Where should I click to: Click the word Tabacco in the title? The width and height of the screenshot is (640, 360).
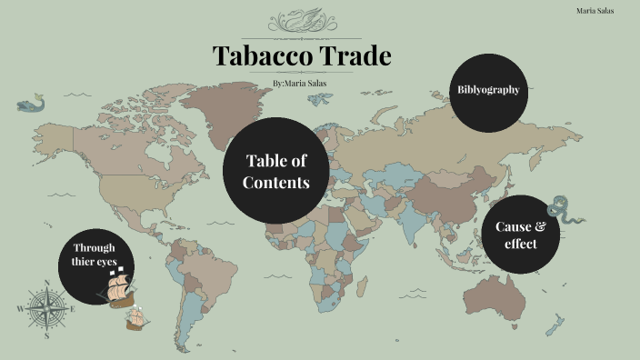257,56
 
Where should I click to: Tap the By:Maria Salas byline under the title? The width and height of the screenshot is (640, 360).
300,84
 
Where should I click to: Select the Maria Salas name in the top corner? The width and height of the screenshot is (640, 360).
595,10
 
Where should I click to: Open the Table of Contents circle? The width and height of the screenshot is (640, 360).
276,170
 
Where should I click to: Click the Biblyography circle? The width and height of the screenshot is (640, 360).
489,90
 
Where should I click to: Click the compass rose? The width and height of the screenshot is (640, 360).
45,308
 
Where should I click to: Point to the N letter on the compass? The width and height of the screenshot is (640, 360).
45,282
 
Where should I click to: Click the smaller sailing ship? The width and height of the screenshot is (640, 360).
136,317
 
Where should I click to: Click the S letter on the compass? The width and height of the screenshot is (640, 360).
45,335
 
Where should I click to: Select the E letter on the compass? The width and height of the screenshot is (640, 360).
73,309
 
